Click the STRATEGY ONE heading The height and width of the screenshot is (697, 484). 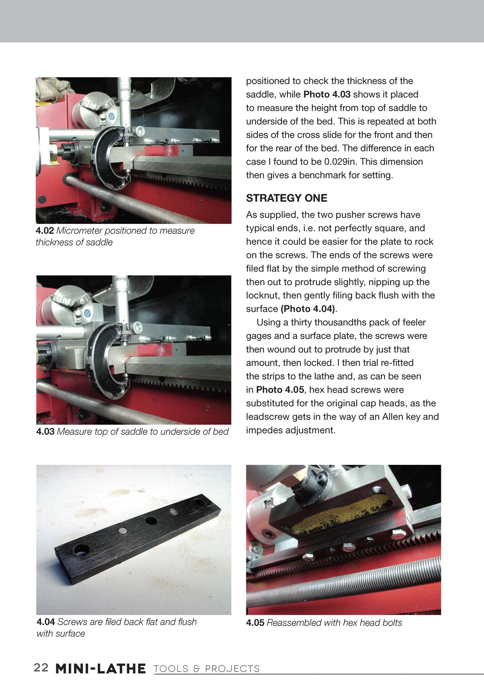pos(286,198)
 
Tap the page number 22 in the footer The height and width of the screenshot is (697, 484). pos(41,667)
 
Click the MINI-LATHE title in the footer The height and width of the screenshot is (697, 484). pos(100,668)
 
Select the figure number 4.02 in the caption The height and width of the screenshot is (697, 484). pos(44,231)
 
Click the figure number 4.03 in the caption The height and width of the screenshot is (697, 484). pos(45,432)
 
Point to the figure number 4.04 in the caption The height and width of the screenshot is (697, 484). pos(45,622)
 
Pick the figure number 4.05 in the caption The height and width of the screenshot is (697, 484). pos(255,623)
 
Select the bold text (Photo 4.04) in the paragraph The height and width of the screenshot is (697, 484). pos(308,309)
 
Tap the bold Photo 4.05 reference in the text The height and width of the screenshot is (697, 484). pos(280,390)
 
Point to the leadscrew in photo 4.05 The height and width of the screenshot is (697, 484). pos(343,582)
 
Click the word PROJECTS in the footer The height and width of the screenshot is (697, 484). pos(232,669)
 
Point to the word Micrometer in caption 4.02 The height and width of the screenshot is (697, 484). pos(79,231)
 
